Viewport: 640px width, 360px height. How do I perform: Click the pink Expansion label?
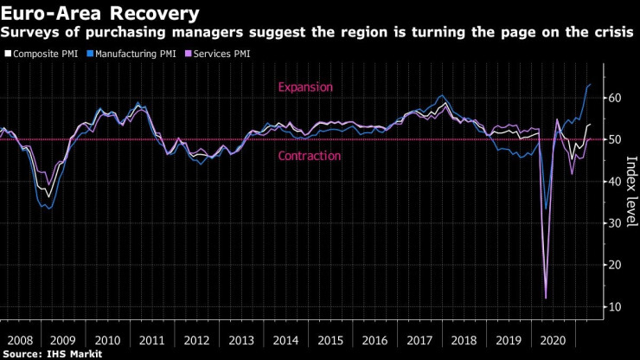pos(304,87)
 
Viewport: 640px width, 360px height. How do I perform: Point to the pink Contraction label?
pos(309,156)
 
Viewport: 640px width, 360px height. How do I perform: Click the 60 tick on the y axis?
pos(614,98)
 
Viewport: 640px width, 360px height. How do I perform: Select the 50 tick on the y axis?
pos(614,139)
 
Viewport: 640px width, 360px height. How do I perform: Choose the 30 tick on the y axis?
pos(614,223)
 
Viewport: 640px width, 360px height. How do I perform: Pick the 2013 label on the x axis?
pos(241,340)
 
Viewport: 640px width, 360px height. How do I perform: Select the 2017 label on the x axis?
pos(419,340)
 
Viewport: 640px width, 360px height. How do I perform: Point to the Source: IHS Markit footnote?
pos(52,353)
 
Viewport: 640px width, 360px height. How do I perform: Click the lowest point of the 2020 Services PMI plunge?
pos(546,299)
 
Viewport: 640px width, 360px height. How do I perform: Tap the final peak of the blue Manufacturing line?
pos(590,84)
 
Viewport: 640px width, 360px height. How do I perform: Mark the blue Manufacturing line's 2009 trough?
pos(48,209)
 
